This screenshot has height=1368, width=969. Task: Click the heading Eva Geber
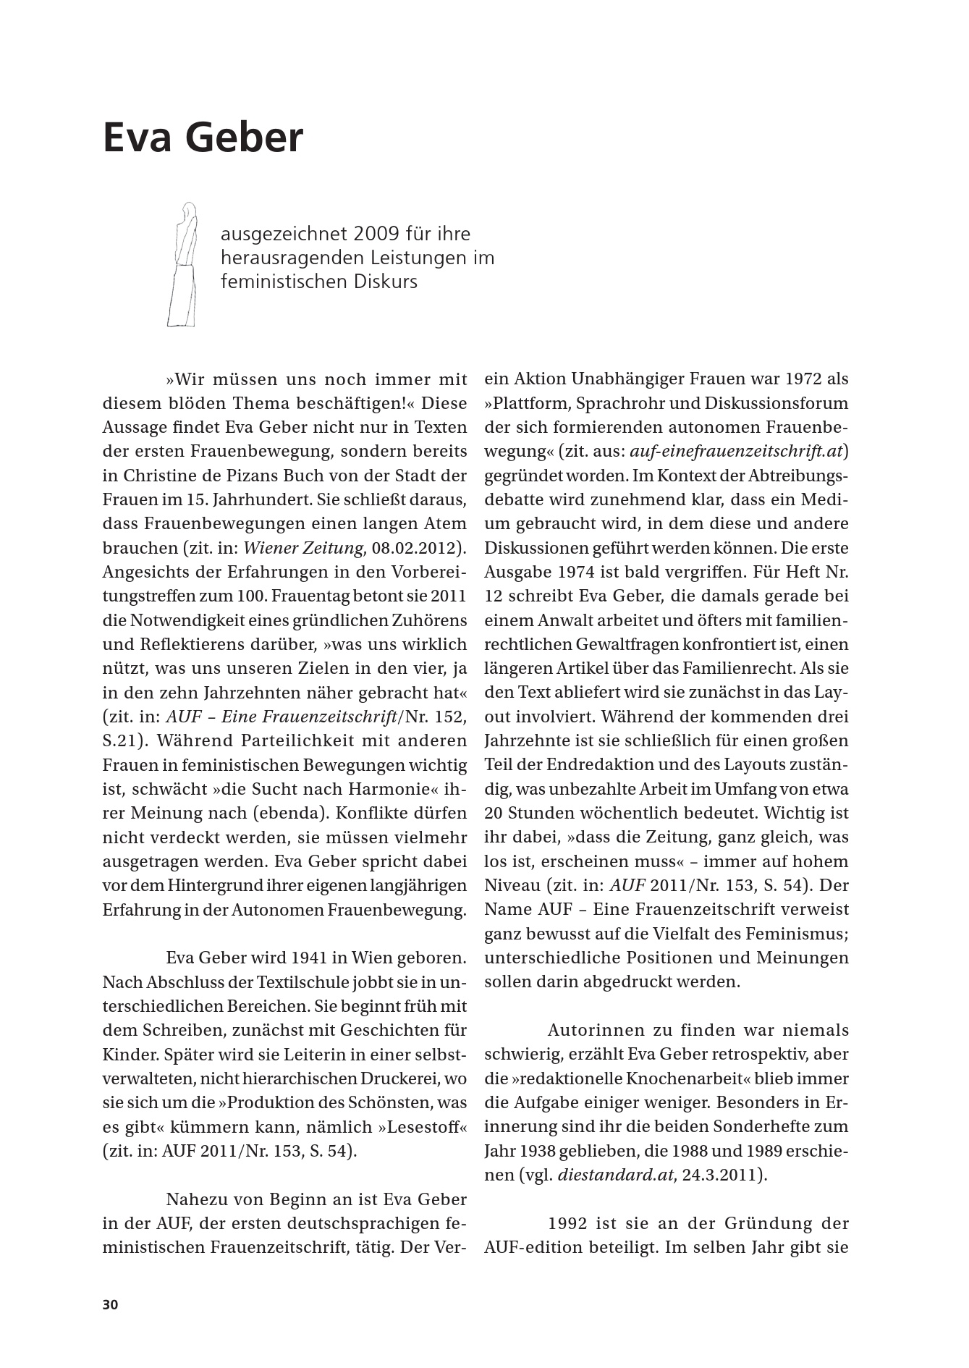tap(203, 138)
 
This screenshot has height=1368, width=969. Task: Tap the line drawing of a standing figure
tap(185, 264)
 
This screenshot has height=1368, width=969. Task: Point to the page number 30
tap(110, 1304)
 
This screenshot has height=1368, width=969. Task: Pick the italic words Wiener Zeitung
tap(303, 548)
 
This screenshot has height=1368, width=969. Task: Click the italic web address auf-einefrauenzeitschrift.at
tap(736, 452)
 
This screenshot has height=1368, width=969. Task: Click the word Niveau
tap(512, 885)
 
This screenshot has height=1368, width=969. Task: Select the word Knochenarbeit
tap(693, 1078)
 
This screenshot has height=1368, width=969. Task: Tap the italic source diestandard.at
tap(616, 1175)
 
